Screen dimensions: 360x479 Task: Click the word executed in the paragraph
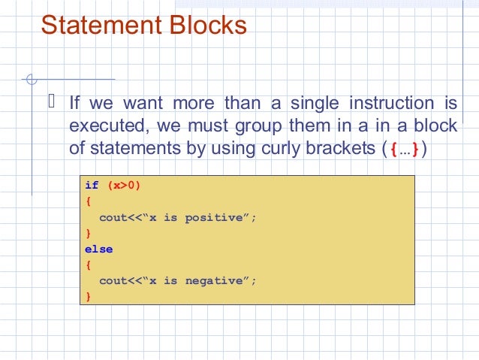point(102,125)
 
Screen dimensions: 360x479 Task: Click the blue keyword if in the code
point(92,186)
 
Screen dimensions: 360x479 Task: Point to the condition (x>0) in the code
point(124,186)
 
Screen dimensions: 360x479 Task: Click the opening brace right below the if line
point(88,201)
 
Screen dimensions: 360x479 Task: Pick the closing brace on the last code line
point(88,296)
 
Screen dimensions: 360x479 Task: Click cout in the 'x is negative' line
point(113,280)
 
